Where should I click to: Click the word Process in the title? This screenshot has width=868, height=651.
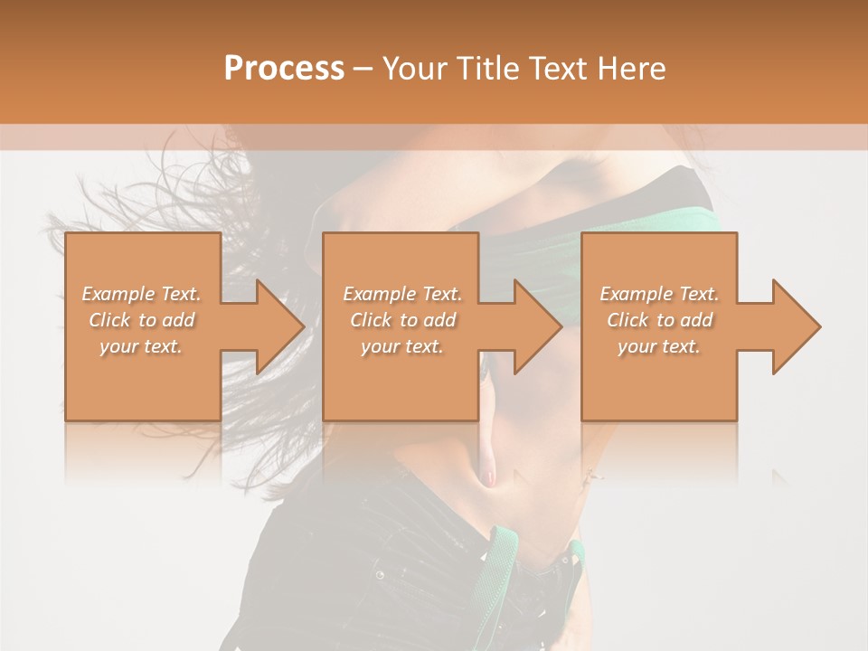(x=284, y=69)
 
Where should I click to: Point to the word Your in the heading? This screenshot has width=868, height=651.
(x=414, y=69)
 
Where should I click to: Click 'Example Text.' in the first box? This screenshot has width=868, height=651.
(x=141, y=294)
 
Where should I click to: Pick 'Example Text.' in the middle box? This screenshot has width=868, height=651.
(x=402, y=294)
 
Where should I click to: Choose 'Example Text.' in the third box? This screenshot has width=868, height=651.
(x=659, y=294)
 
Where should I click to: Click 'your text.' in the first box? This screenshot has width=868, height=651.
(x=141, y=346)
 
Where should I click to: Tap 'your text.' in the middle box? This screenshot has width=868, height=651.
(x=402, y=346)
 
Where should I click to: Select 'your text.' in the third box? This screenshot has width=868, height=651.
(x=659, y=346)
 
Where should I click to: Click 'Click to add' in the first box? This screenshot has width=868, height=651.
(x=141, y=320)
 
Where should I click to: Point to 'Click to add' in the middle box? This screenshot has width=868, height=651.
(x=402, y=320)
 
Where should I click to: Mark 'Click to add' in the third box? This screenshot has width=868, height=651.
(x=659, y=320)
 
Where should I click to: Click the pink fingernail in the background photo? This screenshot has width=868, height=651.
(x=490, y=476)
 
